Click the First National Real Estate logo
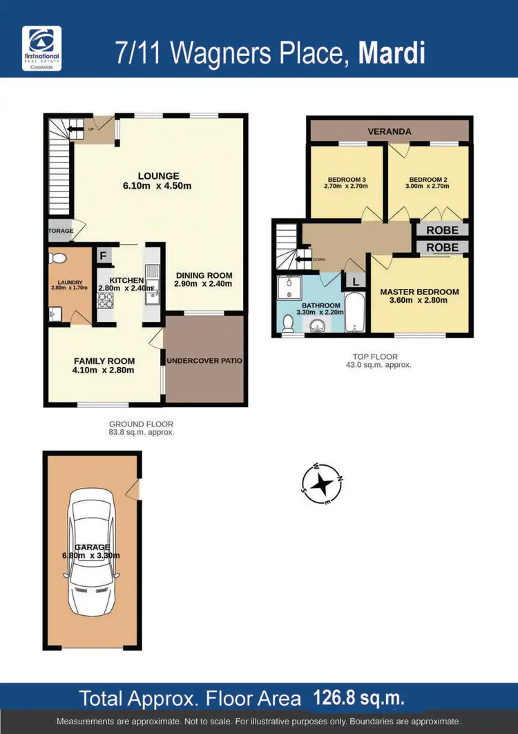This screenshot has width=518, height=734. click(42, 48)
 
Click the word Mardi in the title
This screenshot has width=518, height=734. click(391, 53)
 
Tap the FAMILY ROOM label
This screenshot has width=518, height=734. click(104, 361)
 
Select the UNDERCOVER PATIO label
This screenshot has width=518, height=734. click(204, 361)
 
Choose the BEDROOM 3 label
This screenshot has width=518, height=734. click(345, 180)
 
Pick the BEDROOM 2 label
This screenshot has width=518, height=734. click(428, 180)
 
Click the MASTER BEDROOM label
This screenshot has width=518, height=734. click(419, 292)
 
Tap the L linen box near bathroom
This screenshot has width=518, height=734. click(355, 281)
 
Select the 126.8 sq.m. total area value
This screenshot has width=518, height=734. click(359, 697)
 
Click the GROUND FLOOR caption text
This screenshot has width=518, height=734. click(141, 424)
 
